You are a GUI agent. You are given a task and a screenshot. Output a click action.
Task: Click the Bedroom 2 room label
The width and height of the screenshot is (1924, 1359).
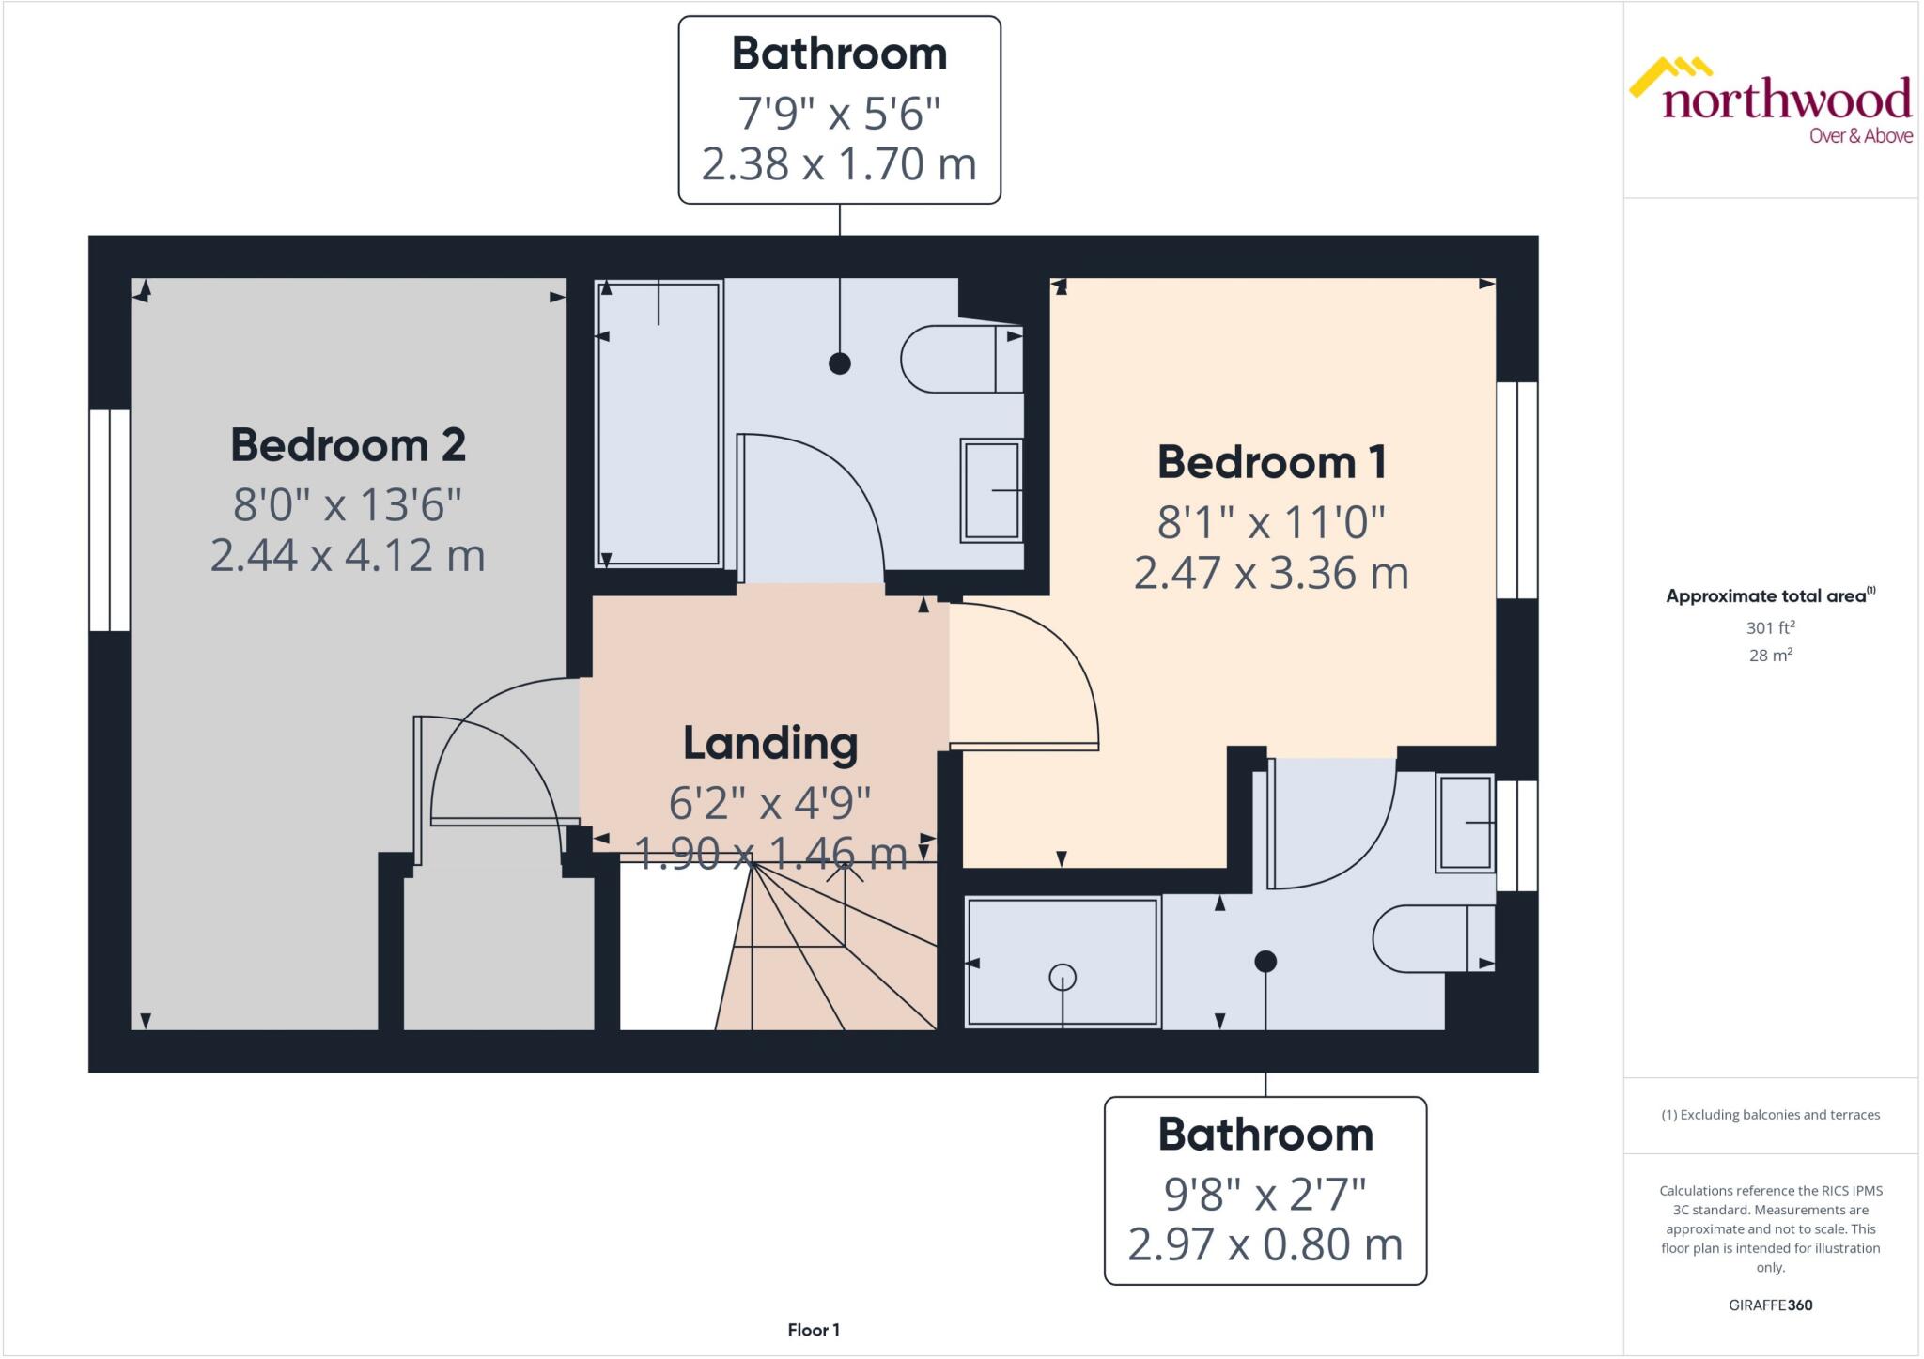coord(348,445)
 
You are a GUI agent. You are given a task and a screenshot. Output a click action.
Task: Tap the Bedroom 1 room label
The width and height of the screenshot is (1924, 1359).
coord(1271,462)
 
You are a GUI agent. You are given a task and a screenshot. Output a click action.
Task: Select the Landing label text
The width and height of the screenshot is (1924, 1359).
coord(770,743)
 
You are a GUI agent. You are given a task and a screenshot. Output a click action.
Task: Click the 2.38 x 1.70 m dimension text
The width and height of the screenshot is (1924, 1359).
coord(839,164)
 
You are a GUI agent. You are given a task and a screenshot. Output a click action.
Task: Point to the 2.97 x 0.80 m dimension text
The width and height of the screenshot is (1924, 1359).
coord(1265,1245)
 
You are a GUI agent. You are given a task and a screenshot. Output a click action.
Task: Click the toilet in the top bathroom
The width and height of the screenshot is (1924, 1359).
coord(958,359)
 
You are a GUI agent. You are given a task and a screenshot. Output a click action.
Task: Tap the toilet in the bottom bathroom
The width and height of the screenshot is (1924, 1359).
coord(1430,937)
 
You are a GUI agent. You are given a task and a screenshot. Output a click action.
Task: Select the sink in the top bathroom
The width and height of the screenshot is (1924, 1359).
coord(991,490)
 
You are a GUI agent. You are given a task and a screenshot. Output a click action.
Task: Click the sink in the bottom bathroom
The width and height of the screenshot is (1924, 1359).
coord(1465,823)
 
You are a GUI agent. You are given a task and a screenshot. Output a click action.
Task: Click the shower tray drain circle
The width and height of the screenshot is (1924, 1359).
coord(1063,978)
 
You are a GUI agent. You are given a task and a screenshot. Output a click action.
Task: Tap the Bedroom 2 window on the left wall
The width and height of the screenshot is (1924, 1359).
coord(110,519)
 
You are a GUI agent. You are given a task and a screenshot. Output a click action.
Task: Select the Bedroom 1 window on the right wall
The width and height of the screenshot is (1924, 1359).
coord(1516,489)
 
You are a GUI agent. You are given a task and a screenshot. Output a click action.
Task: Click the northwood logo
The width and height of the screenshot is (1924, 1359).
coord(1772,101)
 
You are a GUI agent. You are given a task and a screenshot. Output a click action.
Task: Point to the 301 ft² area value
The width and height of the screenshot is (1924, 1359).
coord(1770,627)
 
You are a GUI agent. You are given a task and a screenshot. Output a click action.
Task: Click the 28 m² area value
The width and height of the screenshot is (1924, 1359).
coord(1770,656)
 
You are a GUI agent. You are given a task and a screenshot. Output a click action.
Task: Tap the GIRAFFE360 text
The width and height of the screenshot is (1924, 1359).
coord(1770,1305)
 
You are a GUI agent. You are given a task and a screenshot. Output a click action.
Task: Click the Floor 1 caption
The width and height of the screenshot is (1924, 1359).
coord(814,1330)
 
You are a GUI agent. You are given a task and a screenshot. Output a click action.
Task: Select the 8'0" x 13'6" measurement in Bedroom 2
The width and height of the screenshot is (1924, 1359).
coord(348,505)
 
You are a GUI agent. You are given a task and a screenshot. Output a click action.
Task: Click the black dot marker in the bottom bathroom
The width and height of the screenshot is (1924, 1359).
coord(1265,961)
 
